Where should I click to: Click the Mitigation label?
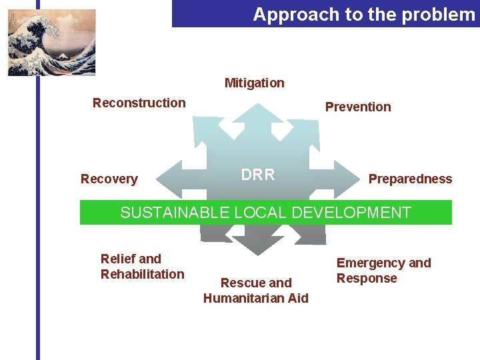pos(254,83)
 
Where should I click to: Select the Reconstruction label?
pos(139,103)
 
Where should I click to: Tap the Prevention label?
pos(358,107)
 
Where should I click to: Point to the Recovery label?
pos(109,179)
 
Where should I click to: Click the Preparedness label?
pos(410,179)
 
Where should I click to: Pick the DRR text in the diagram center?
pos(257,175)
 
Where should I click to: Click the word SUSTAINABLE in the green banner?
pos(175,213)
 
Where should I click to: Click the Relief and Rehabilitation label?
pos(142,266)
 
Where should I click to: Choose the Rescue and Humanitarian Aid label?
pos(256,290)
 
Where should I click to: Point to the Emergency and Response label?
pos(383,271)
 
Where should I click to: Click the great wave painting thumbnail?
pos(51,42)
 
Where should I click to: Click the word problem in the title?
pos(442,14)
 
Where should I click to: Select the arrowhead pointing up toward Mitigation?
pos(255,113)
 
